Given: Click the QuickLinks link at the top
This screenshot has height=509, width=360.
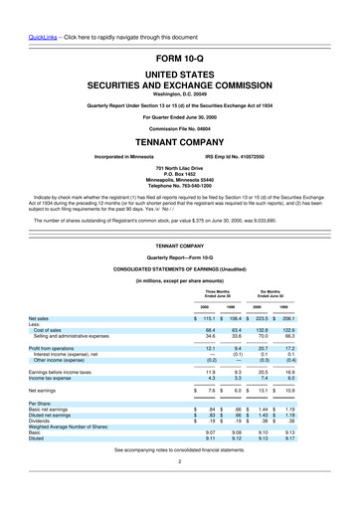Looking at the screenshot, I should click(x=23, y=12).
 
